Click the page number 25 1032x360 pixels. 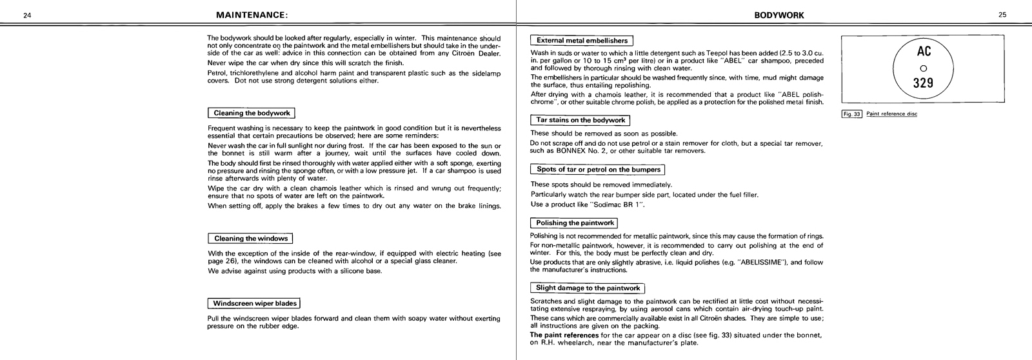coord(1002,15)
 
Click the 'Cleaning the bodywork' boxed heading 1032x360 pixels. coord(252,113)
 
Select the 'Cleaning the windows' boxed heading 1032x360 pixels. coord(251,238)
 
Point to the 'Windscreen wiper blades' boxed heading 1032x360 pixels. coord(255,303)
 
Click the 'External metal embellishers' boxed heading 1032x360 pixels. coord(582,40)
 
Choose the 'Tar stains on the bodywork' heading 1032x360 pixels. coord(580,120)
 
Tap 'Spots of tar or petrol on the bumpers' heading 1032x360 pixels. coord(598,170)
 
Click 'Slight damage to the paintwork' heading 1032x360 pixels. coord(588,288)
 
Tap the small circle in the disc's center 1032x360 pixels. coord(924,68)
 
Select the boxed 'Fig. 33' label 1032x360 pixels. coord(852,114)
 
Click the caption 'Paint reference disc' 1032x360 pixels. coord(892,114)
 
